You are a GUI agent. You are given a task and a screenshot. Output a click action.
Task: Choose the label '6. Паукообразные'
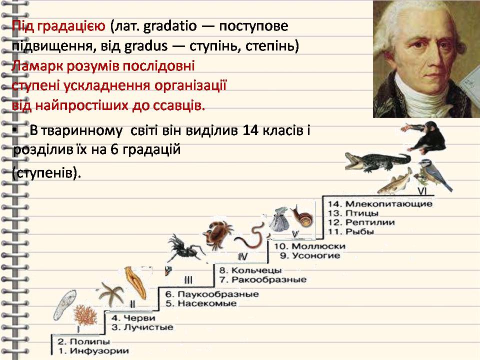(x=212, y=294)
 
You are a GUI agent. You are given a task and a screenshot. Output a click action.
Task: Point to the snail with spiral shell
(x=302, y=215)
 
